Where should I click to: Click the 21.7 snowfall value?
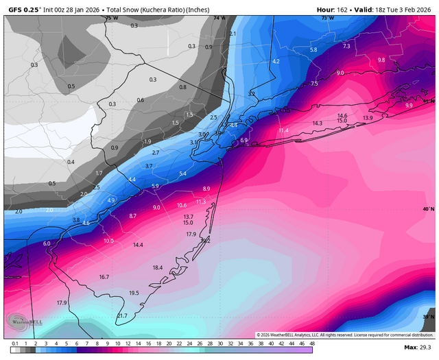tap(122, 315)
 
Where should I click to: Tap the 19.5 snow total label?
tap(134, 293)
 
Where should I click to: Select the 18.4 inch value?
tap(157, 267)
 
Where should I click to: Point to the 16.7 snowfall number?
tap(104, 277)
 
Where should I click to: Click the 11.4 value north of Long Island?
tap(283, 130)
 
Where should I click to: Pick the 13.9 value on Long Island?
tap(368, 119)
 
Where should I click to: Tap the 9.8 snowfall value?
tap(381, 60)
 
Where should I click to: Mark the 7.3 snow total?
tap(346, 46)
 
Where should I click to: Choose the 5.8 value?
tap(313, 50)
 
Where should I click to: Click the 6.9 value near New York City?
tap(244, 141)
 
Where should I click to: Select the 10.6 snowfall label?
tap(182, 205)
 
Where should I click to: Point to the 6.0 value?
tap(47, 243)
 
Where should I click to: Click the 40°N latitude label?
tap(428, 209)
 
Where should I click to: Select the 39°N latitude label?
tap(428, 317)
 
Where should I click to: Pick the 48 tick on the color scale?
tap(311, 343)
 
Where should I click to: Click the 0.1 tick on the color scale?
tap(15, 343)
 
